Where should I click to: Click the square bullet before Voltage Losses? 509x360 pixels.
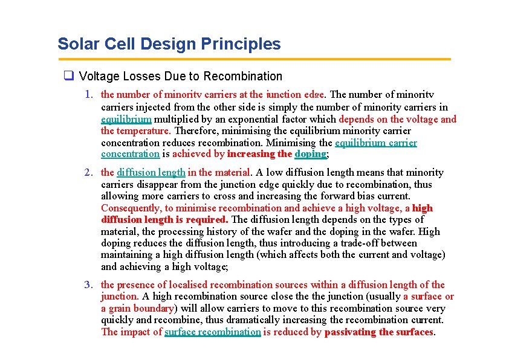(x=69, y=76)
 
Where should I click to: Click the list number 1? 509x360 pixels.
(x=89, y=95)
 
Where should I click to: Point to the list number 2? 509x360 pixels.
(x=89, y=173)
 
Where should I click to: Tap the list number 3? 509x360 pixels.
(x=89, y=285)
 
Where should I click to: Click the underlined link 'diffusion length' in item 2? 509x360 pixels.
(x=151, y=173)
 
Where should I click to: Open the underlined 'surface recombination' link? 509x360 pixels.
(x=213, y=332)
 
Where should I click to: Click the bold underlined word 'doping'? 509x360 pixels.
(x=310, y=155)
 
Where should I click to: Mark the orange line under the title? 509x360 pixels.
(x=254, y=59)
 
